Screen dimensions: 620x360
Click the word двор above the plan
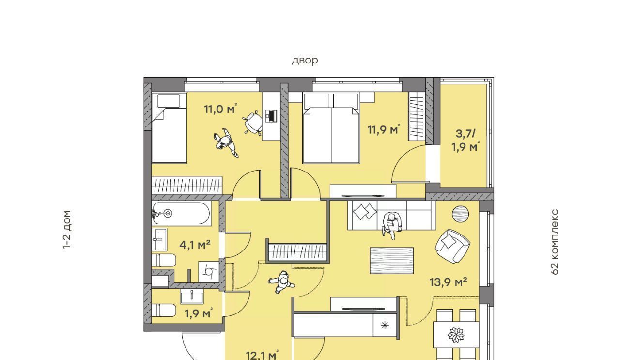305,61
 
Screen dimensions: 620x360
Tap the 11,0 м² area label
220,109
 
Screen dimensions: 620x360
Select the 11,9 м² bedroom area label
384,129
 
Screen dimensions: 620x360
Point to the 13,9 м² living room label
449,282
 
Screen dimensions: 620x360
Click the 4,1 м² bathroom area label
195,245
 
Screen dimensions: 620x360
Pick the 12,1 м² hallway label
262,355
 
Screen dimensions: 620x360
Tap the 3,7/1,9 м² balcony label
465,141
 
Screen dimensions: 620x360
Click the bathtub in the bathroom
181,213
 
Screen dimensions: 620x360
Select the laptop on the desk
271,115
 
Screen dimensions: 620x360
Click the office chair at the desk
253,123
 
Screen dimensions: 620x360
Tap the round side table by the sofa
460,214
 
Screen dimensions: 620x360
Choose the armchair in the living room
452,246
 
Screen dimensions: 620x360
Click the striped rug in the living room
392,260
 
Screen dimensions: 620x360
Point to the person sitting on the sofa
392,226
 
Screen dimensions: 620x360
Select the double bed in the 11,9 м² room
331,128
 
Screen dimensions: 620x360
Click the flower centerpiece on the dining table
456,334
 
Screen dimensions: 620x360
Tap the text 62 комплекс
555,242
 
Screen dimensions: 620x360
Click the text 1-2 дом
67,230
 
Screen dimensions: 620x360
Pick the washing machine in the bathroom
209,272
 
